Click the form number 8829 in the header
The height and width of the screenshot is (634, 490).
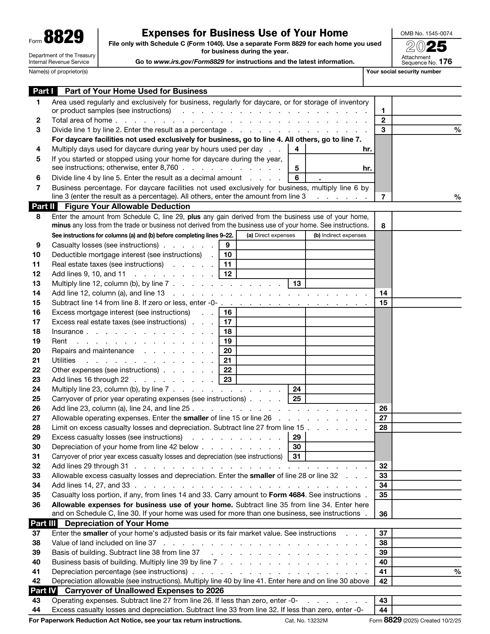(x=63, y=38)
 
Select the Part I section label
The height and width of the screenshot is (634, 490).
(x=43, y=91)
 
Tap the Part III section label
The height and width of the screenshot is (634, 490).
(x=43, y=523)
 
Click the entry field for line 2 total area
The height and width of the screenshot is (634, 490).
(x=426, y=120)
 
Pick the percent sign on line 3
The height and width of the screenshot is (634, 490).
(x=457, y=130)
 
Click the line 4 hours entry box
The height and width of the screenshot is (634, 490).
(x=334, y=149)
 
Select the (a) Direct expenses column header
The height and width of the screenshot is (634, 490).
(x=271, y=235)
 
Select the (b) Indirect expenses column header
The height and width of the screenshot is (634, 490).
(x=340, y=235)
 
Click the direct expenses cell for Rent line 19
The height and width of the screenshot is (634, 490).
(x=271, y=341)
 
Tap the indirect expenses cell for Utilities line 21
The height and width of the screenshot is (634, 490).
(x=340, y=360)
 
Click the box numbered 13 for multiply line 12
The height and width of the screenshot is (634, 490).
(x=297, y=284)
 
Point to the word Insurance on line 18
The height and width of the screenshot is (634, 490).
(x=67, y=332)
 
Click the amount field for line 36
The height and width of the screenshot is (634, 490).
(x=426, y=510)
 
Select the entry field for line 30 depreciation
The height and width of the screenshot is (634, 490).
(x=340, y=447)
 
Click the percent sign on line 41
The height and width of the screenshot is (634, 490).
(x=457, y=572)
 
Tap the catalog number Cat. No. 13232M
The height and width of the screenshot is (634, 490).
(x=306, y=621)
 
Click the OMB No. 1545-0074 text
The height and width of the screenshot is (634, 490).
(x=426, y=33)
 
